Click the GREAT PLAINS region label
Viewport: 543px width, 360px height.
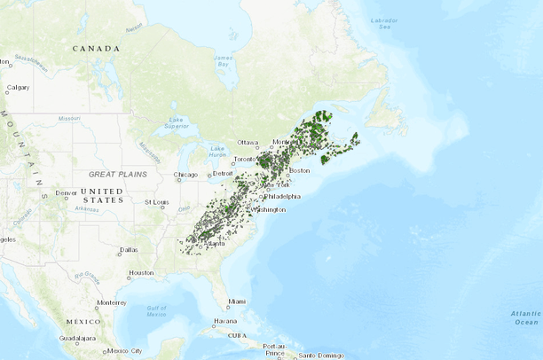117,175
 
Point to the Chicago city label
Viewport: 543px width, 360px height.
186,175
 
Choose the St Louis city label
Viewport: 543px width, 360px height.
157,202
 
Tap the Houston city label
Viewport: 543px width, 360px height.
141,273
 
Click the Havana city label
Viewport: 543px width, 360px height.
225,320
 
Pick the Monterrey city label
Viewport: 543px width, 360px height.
112,302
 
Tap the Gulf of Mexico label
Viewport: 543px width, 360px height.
157,310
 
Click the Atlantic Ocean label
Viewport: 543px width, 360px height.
525,317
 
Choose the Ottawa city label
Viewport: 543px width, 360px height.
248,142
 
